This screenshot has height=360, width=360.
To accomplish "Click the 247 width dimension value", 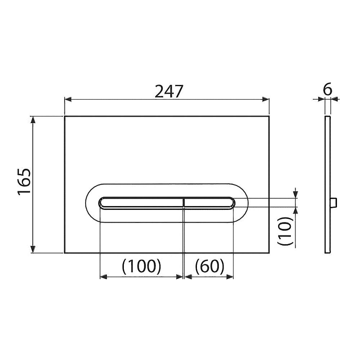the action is [169, 91].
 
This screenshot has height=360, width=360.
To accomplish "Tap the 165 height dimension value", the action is [24, 181].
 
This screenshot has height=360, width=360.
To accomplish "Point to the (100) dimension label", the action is [141, 266].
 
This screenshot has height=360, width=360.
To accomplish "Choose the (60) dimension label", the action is [210, 266].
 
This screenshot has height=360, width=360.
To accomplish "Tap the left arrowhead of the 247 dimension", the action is [68, 99].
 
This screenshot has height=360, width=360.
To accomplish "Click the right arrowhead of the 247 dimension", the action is [266, 99].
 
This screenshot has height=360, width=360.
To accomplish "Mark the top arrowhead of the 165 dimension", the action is [33, 120].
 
